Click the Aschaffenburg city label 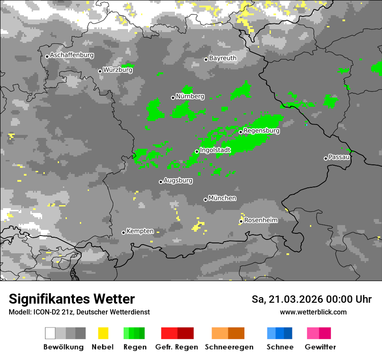click(x=72, y=56)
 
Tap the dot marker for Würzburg click(x=100, y=71)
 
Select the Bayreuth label click(x=223, y=58)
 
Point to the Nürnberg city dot click(x=173, y=98)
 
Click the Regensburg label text click(x=261, y=131)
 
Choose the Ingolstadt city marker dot click(x=197, y=151)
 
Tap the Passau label click(x=339, y=157)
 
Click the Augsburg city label click(x=178, y=180)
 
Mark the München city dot click(x=205, y=200)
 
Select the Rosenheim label click(x=261, y=220)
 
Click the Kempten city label click(x=140, y=231)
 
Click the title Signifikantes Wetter click(x=72, y=299)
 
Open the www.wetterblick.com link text click(x=313, y=312)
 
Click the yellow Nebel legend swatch click(x=103, y=333)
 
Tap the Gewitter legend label click(x=320, y=347)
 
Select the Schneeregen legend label click(x=229, y=347)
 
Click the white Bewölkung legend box click(x=50, y=333)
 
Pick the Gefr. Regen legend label click(x=177, y=347)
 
